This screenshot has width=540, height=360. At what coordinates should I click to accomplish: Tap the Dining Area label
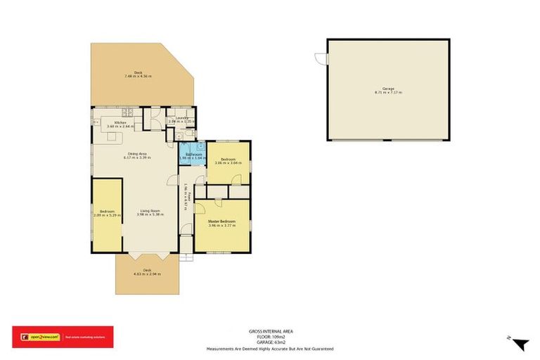(137, 155)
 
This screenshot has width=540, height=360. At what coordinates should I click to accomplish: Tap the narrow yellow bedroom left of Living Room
(107, 214)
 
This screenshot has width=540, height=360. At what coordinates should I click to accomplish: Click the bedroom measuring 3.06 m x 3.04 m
(228, 161)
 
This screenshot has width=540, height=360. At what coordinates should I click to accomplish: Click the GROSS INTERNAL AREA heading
(270, 330)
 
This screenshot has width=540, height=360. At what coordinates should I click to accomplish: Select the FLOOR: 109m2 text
(270, 336)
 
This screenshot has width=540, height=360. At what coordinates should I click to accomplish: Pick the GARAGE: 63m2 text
(270, 342)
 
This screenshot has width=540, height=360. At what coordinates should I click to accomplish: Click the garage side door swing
(321, 59)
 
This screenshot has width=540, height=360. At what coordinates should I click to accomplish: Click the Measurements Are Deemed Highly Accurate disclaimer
(270, 349)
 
